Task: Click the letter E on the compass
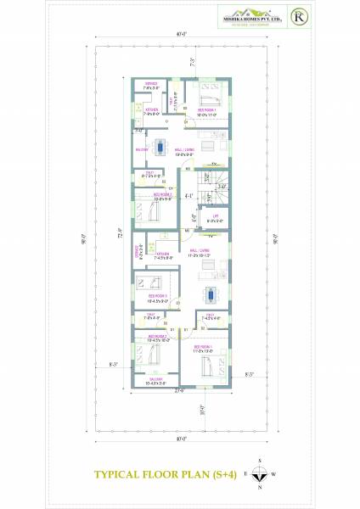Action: click(x=245, y=473)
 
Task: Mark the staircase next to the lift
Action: click(x=217, y=185)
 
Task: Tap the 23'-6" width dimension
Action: click(x=180, y=391)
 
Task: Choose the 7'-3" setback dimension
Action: click(x=193, y=63)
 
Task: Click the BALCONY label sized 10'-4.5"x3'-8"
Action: click(x=155, y=381)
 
